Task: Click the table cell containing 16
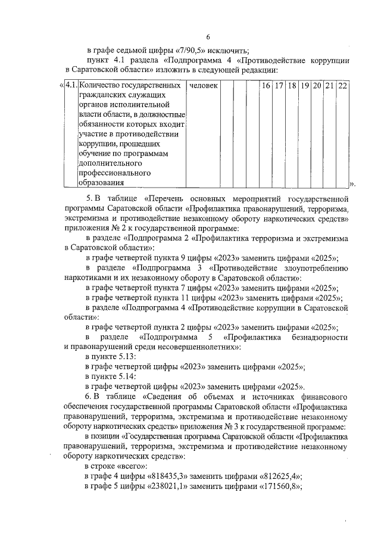(267, 86)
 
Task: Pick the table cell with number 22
(342, 86)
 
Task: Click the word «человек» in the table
(203, 86)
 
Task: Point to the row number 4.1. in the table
(71, 86)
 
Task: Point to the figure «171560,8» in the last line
(280, 485)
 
